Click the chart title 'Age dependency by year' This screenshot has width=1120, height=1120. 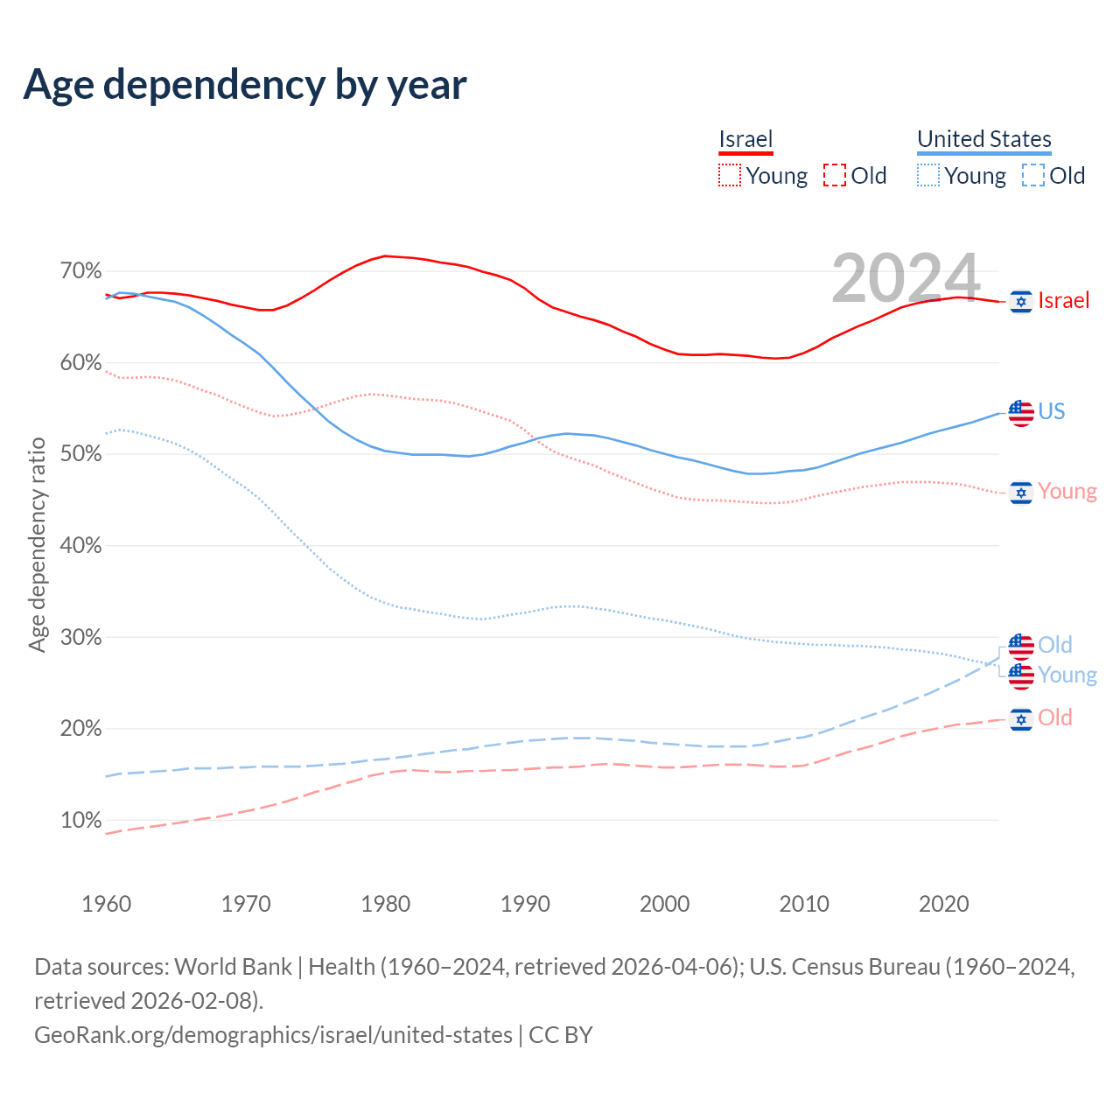pyautogui.click(x=245, y=84)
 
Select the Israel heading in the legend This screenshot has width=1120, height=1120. pyautogui.click(x=745, y=139)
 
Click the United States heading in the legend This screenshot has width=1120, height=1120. pyautogui.click(x=983, y=139)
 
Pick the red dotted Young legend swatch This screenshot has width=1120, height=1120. pyautogui.click(x=729, y=175)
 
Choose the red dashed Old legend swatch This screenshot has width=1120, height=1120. pyautogui.click(x=835, y=175)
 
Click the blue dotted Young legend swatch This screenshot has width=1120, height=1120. pyautogui.click(x=927, y=175)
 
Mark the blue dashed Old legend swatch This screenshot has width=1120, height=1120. pyautogui.click(x=1032, y=175)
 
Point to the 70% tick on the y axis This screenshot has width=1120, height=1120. pyautogui.click(x=81, y=271)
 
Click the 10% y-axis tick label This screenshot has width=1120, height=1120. pyautogui.click(x=81, y=821)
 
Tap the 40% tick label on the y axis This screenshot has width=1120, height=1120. pyautogui.click(x=81, y=546)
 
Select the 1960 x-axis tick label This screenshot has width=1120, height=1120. pyautogui.click(x=107, y=904)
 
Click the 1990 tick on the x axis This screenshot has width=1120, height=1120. pyautogui.click(x=525, y=904)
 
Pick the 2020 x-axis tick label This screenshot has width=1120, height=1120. pyautogui.click(x=943, y=904)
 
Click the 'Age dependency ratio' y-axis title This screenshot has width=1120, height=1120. pyautogui.click(x=37, y=545)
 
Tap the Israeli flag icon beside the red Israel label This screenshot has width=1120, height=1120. pyautogui.click(x=1020, y=301)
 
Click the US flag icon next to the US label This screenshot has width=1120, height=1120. pyautogui.click(x=1020, y=412)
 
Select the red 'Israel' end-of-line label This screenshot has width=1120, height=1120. pyautogui.click(x=1063, y=301)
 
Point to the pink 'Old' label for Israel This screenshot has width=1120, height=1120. pyautogui.click(x=1054, y=718)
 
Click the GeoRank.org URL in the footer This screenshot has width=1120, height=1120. pyautogui.click(x=273, y=1035)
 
